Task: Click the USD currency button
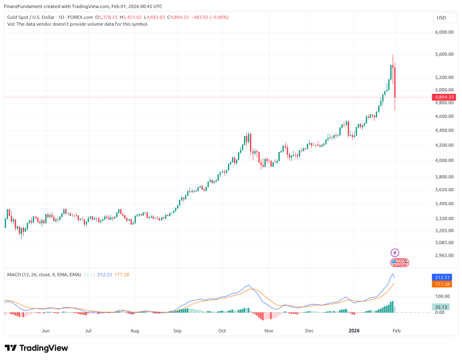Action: click(441, 18)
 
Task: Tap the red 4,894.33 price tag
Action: click(444, 97)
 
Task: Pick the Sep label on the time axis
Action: click(177, 331)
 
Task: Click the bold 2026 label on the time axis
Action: click(354, 331)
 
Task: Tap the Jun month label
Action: click(45, 331)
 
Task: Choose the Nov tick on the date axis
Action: click(269, 331)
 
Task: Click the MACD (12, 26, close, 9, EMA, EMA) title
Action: click(43, 275)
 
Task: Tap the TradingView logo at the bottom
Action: click(36, 348)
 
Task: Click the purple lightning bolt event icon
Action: click(395, 253)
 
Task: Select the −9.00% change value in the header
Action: click(219, 17)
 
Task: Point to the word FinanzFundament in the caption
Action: click(23, 7)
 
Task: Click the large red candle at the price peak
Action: click(395, 81)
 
